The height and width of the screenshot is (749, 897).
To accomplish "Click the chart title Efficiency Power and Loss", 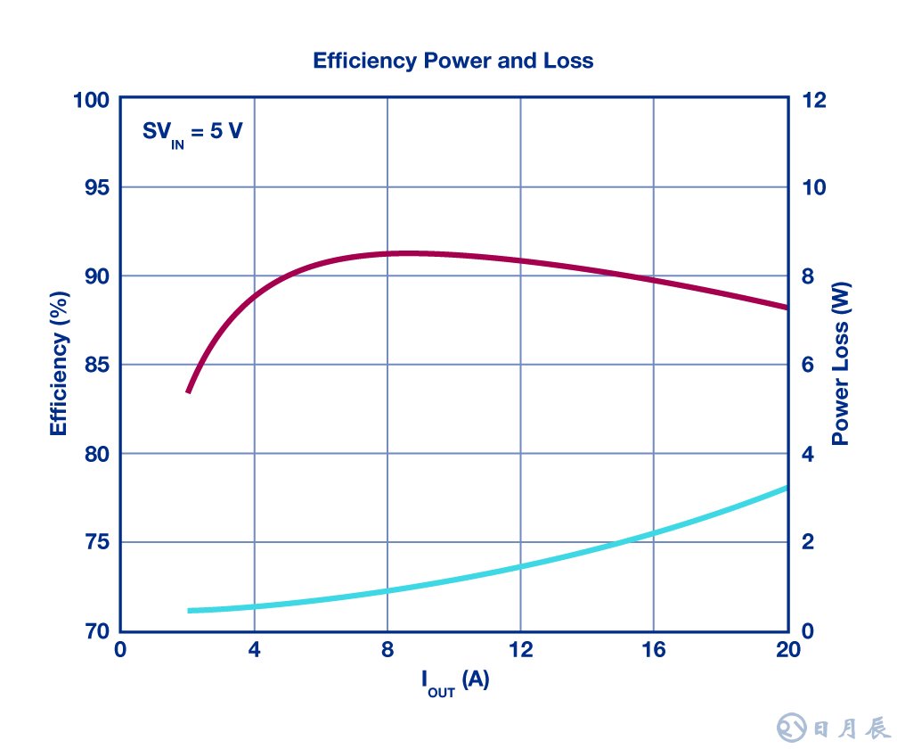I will [x=453, y=61].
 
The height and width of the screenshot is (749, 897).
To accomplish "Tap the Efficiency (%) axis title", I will [x=60, y=363].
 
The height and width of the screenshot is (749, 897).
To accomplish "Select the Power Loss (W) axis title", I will [x=840, y=363].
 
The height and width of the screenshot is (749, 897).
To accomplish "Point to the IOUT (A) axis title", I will [x=454, y=682].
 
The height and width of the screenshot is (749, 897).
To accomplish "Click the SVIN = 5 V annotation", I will [x=192, y=133].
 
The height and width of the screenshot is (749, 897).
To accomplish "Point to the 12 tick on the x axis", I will [x=520, y=650].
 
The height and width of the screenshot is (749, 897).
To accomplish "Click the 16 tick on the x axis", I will [x=654, y=650].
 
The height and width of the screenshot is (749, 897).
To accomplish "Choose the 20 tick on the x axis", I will [x=787, y=650].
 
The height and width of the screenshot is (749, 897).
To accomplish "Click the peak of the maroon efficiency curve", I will [x=405, y=253].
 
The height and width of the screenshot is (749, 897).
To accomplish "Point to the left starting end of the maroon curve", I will [x=188, y=391].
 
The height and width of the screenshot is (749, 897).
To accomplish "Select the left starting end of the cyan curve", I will [x=189, y=611].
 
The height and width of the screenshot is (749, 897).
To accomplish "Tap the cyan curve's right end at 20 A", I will [x=787, y=488].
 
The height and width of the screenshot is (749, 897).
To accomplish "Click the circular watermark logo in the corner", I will [x=791, y=728].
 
